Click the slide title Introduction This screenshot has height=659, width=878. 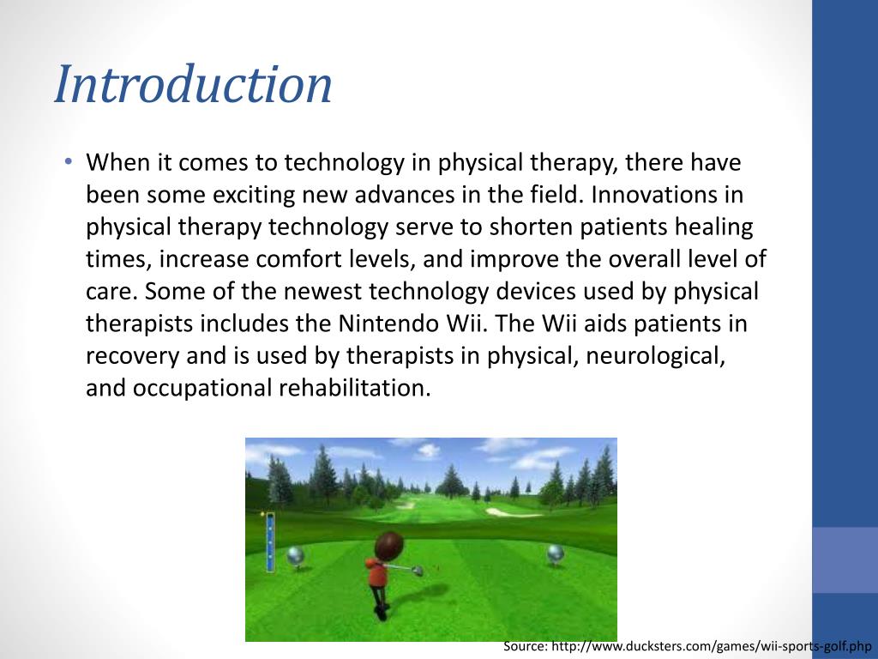tap(193, 86)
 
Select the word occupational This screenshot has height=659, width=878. tap(202, 388)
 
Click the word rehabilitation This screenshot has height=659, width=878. tap(354, 388)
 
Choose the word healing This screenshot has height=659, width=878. tap(711, 227)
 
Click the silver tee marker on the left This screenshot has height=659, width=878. tap(294, 556)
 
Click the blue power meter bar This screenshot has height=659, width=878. tap(270, 541)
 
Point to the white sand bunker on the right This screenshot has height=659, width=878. tap(502, 512)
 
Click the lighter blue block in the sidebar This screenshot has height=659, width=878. tap(845, 559)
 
